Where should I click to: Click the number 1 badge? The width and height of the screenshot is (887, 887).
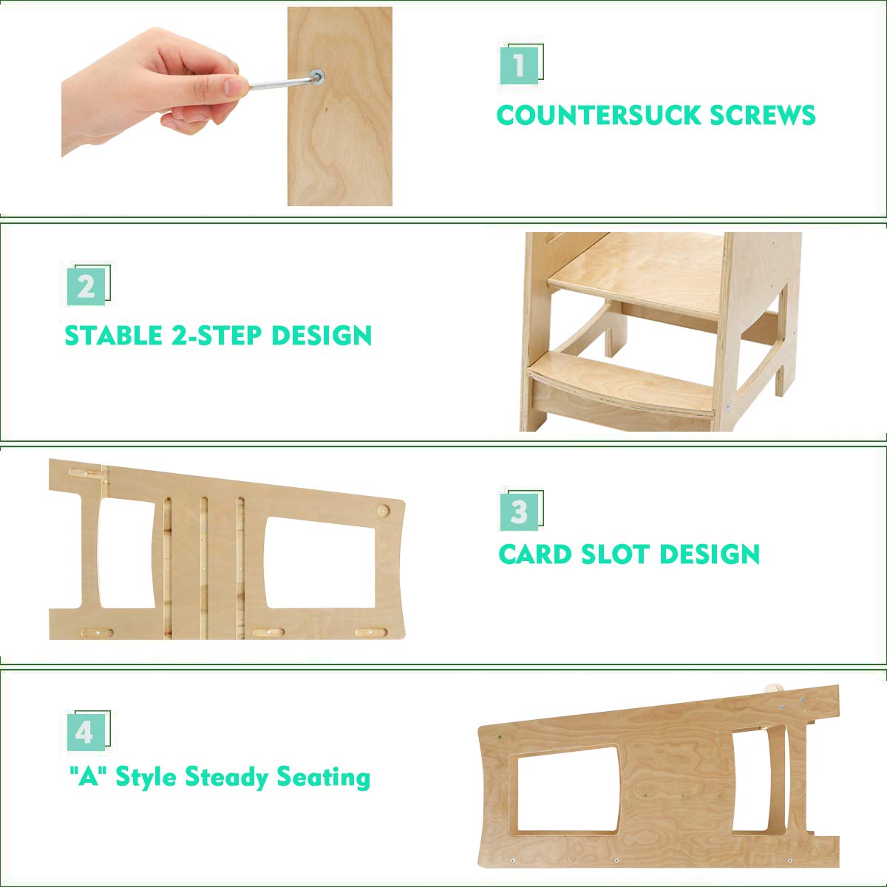click(x=520, y=65)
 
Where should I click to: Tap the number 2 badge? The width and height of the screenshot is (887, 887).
click(x=86, y=285)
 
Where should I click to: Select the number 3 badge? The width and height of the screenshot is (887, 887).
click(x=520, y=510)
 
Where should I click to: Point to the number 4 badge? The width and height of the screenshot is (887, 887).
click(x=85, y=731)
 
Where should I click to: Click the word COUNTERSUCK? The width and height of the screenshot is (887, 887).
click(x=598, y=115)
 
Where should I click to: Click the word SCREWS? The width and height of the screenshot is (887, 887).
click(x=763, y=115)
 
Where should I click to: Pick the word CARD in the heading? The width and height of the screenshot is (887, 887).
click(x=534, y=554)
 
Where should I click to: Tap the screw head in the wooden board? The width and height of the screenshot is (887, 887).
click(x=317, y=76)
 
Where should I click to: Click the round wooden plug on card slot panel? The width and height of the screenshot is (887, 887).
click(x=383, y=511)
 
